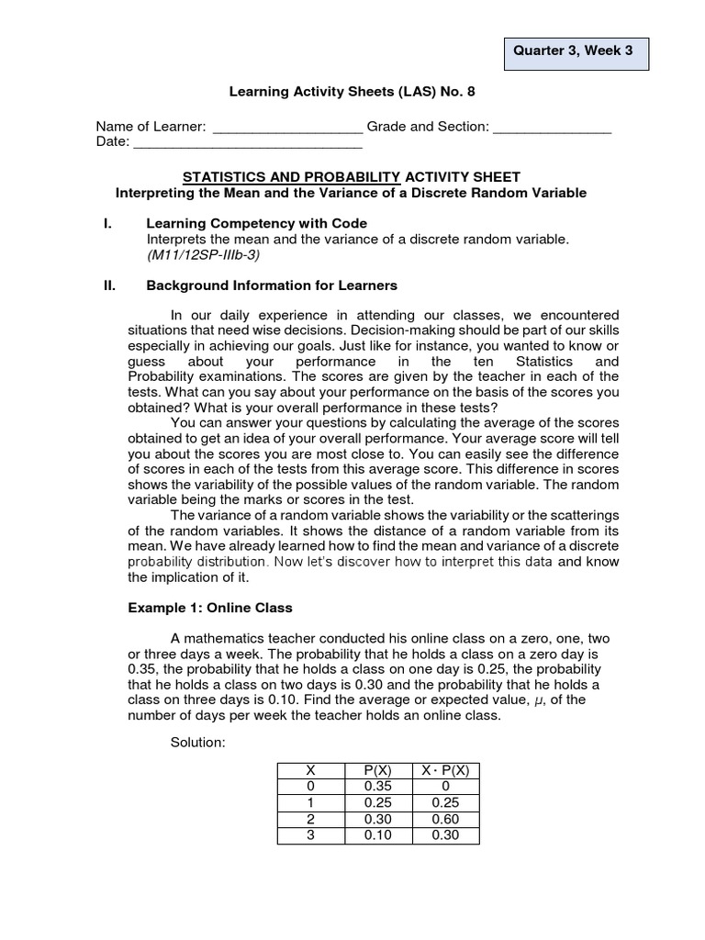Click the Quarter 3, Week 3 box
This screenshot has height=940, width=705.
click(577, 52)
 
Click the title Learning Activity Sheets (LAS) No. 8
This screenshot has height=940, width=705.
click(352, 92)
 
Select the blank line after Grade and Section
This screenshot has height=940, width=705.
click(553, 129)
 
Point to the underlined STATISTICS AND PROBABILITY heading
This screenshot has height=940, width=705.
click(292, 176)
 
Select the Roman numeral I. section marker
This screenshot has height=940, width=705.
click(107, 223)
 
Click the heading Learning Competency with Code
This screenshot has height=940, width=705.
click(256, 223)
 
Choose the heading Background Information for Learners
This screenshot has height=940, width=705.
click(272, 285)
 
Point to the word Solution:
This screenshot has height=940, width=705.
click(197, 742)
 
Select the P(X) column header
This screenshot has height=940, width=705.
click(377, 771)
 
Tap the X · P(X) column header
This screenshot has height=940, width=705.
click(447, 771)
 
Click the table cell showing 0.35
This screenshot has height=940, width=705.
click(377, 787)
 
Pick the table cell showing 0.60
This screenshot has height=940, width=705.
click(447, 820)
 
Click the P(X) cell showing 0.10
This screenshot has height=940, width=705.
click(377, 835)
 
